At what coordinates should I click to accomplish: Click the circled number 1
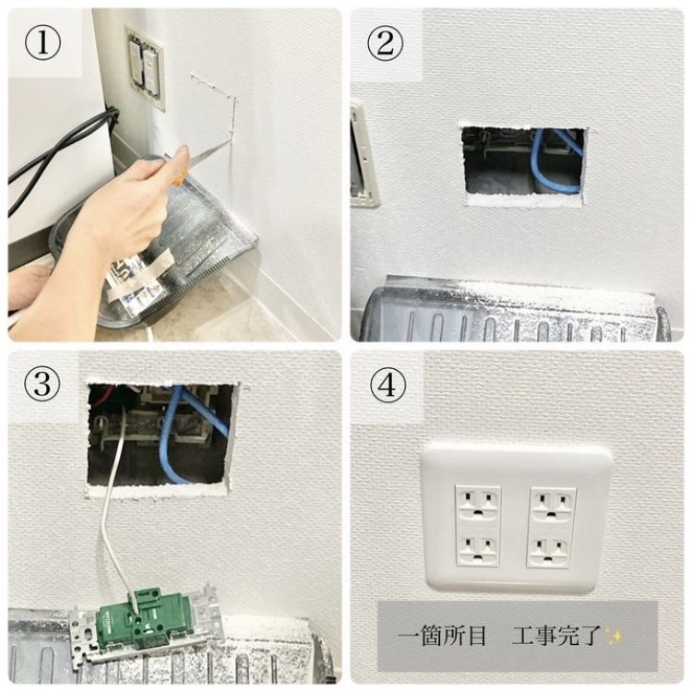point(42,44)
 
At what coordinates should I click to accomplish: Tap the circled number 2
point(385,44)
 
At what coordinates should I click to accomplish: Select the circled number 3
point(42,386)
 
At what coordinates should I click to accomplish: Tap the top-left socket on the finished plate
point(478,504)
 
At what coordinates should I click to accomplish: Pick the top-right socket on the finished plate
point(553,505)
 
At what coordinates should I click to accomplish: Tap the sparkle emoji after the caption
point(614,636)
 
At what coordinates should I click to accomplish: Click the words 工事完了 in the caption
point(557,636)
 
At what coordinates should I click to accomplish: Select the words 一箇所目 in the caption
point(442,636)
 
